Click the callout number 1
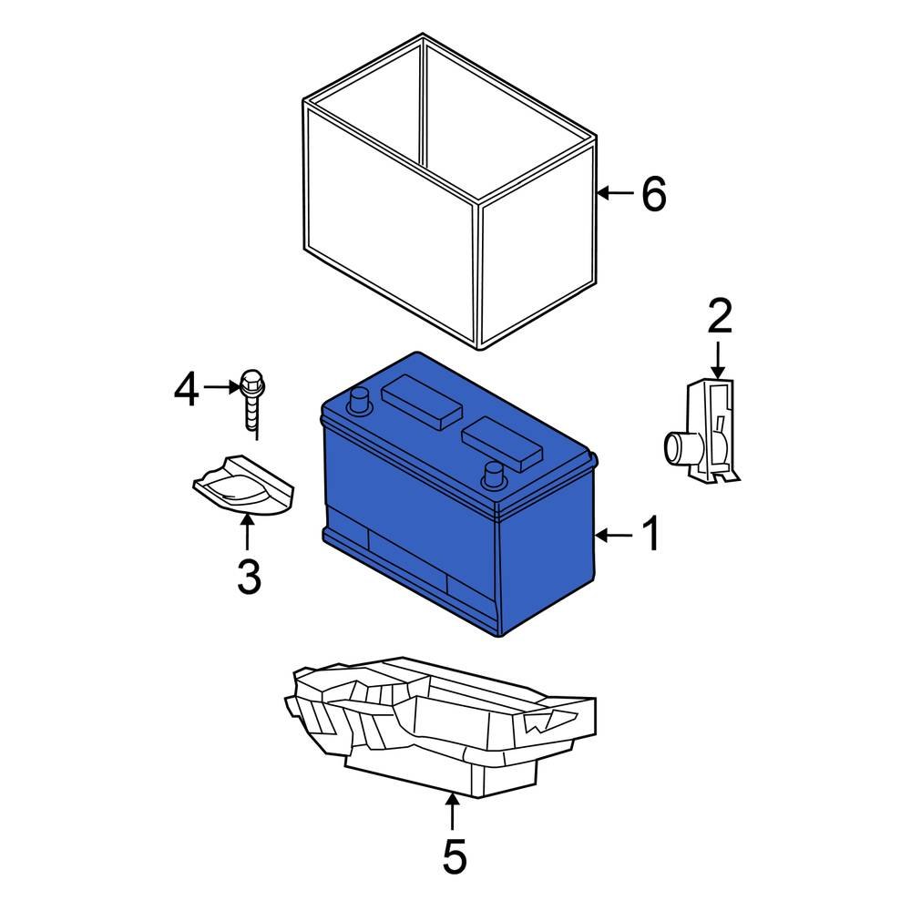pyautogui.click(x=651, y=535)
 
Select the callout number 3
pyautogui.click(x=249, y=576)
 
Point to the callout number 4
pyautogui.click(x=186, y=391)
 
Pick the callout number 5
pyautogui.click(x=454, y=855)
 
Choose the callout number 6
pyautogui.click(x=653, y=194)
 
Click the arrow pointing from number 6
pyautogui.click(x=616, y=193)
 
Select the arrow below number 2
pyautogui.click(x=719, y=360)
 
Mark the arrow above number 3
pyautogui.click(x=248, y=532)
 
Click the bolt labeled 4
pyautogui.click(x=252, y=402)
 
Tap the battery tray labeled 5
pyautogui.click(x=437, y=729)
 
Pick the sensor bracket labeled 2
pyautogui.click(x=711, y=433)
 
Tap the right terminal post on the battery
pyautogui.click(x=493, y=475)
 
